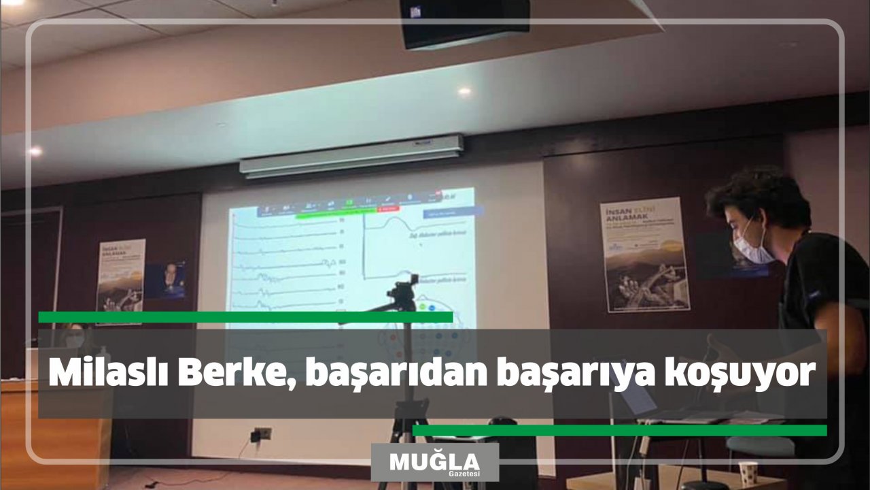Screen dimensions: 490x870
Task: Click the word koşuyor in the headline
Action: pos(739,375)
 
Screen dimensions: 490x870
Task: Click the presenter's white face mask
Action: pos(752,246)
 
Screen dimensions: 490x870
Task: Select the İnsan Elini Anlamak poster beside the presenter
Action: pos(644,255)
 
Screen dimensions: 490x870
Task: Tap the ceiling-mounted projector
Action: pos(465,24)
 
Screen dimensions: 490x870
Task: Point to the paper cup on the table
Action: pos(748,474)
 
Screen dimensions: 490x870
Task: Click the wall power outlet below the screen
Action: pos(262,434)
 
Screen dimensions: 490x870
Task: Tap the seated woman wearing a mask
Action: pos(73,337)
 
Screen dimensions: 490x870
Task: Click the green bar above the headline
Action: pos(245,317)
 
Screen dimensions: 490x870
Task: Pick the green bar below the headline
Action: pos(619,430)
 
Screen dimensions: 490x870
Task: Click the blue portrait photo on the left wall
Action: pos(165,280)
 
